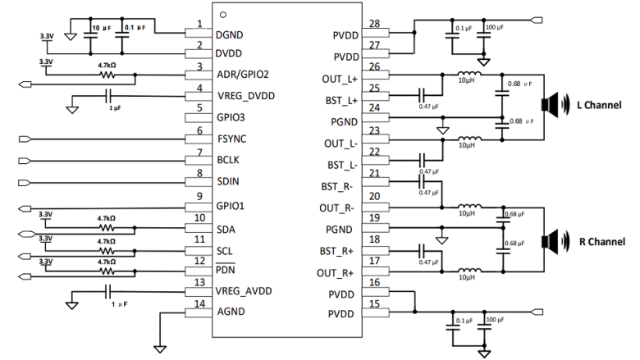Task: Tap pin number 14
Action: pos(199,303)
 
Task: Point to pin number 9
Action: pos(199,195)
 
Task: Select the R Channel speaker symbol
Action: pos(549,242)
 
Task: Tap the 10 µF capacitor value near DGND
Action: pos(100,28)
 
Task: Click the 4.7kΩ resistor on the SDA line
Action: pos(107,229)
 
